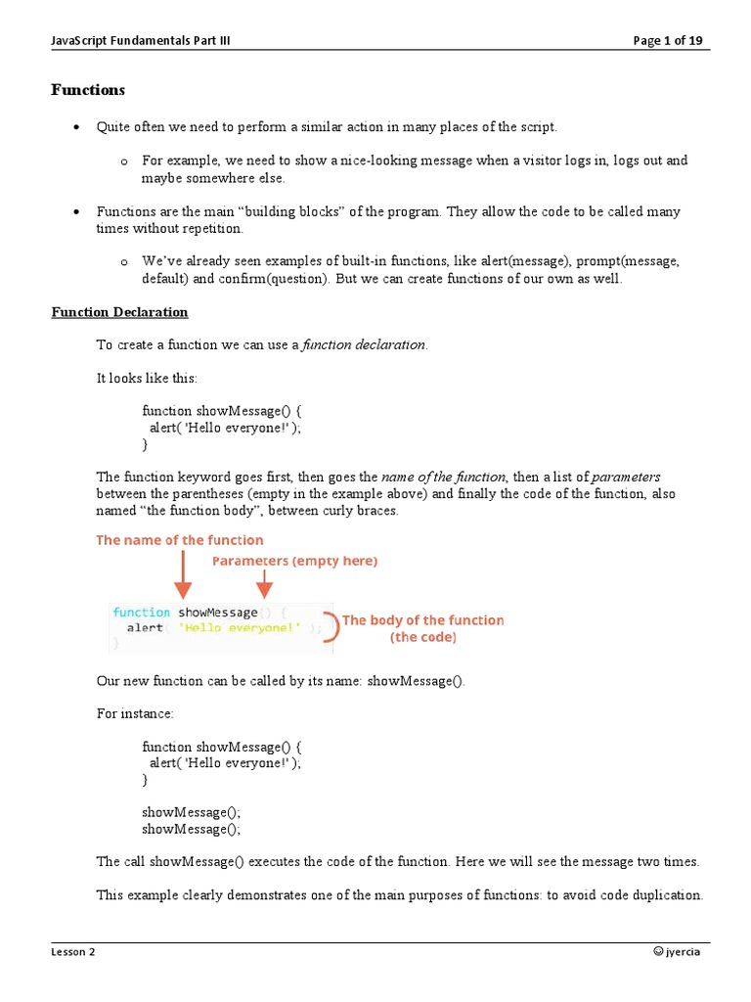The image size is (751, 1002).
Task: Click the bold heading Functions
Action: point(88,90)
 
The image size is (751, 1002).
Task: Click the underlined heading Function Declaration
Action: point(119,312)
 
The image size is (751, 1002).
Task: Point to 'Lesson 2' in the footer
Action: point(73,951)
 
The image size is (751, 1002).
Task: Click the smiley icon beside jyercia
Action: point(658,951)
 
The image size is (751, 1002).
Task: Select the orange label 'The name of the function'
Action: point(179,540)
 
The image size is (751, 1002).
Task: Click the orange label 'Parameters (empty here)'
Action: point(294,561)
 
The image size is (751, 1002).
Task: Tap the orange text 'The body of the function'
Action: point(423,620)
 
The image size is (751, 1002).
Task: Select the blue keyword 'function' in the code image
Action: point(141,613)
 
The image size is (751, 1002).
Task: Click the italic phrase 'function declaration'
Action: point(364,344)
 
